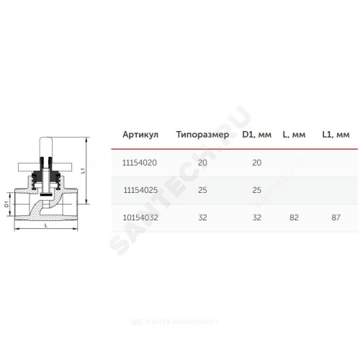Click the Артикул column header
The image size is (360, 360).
coord(140,135)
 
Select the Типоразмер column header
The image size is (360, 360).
coord(202,135)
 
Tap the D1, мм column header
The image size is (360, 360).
coord(257,135)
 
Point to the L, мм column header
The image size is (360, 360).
coord(294,135)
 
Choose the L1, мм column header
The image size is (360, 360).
coord(336,135)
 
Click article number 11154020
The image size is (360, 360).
coord(140,163)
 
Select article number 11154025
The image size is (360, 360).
coord(140,190)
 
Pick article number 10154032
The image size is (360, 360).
coord(140,217)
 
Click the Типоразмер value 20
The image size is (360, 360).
coord(202,163)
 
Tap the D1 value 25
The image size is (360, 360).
coord(257,190)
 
